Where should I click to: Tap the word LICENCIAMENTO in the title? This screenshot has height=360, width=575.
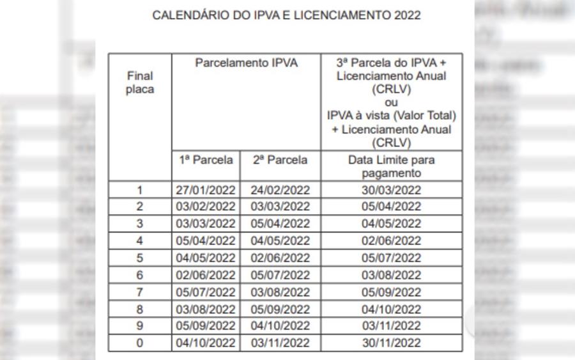335,15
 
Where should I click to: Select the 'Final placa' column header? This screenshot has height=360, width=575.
140,82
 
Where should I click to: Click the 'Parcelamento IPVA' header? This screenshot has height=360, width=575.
246,63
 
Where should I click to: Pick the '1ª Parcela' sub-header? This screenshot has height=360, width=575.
206,160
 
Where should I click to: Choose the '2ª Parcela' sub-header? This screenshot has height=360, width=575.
280,160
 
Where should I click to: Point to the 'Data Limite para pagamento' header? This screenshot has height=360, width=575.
391,166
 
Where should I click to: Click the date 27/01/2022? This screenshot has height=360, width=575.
206,190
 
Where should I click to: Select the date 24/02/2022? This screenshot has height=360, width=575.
280,190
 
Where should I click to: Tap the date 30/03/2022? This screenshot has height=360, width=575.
391,190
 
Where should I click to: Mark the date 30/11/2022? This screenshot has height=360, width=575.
391,343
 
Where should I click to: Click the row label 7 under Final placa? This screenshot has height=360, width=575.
140,292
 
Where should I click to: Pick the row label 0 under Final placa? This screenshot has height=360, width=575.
140,343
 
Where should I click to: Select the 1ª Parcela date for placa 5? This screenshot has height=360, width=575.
206,258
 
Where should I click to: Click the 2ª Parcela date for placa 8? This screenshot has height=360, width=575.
280,309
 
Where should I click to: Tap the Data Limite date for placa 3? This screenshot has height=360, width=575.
391,224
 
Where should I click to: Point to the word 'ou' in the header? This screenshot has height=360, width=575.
391,103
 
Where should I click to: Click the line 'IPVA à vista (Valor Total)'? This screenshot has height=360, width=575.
391,116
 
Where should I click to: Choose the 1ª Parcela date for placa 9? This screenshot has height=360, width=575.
206,326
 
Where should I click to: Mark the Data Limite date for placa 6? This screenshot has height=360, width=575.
391,275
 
